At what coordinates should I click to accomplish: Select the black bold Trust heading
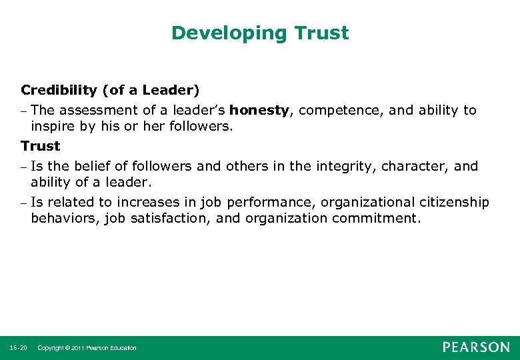[x=40, y=145]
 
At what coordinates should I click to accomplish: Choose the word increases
[x=145, y=202]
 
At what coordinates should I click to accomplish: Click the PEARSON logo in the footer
[x=476, y=347]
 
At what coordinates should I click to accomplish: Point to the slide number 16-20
[x=19, y=348]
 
